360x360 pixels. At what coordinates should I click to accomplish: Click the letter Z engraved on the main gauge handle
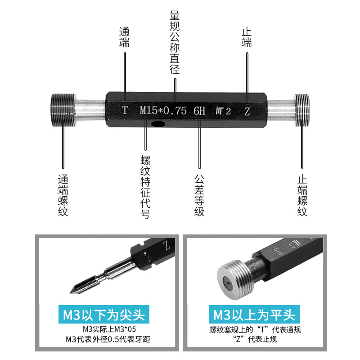point(247,111)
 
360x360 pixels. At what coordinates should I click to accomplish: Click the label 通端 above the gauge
point(124,37)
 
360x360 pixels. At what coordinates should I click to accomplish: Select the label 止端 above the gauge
point(247,37)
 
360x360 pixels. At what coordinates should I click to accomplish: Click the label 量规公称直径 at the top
point(175,42)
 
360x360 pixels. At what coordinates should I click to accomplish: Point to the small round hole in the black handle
point(157,124)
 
